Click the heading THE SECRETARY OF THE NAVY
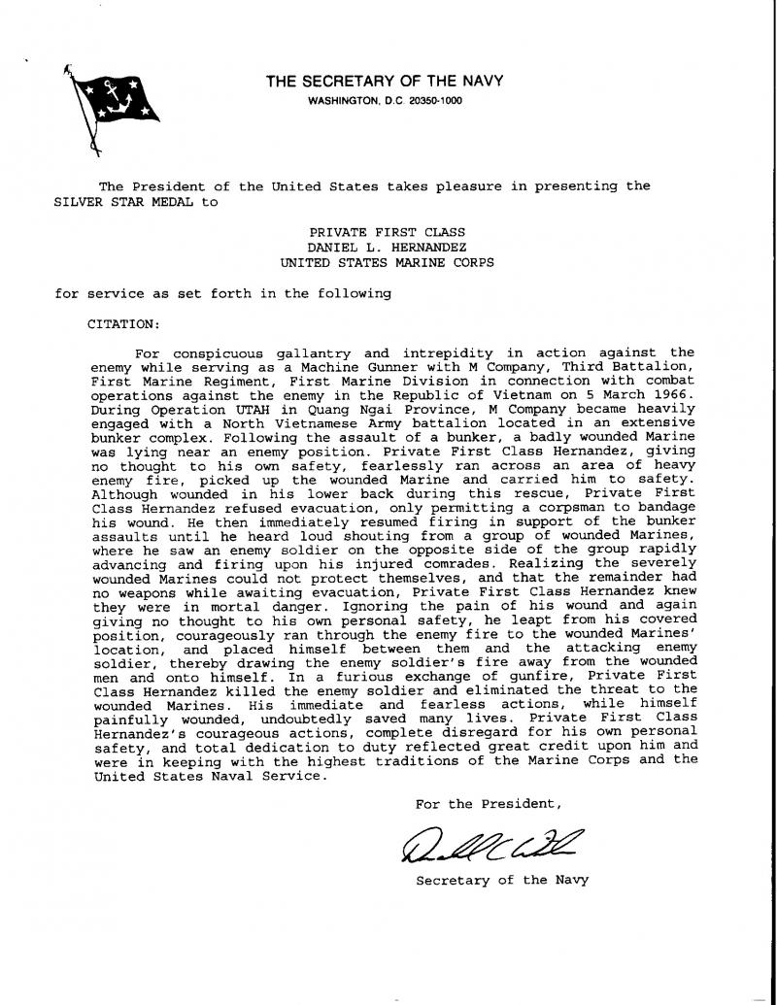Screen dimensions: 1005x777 pos(385,82)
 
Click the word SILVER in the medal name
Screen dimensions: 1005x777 pos(78,203)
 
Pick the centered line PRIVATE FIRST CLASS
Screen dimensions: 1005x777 pos(388,233)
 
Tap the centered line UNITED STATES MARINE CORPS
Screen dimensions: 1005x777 pos(388,262)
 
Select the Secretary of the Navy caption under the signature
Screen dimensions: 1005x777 pos(502,881)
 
